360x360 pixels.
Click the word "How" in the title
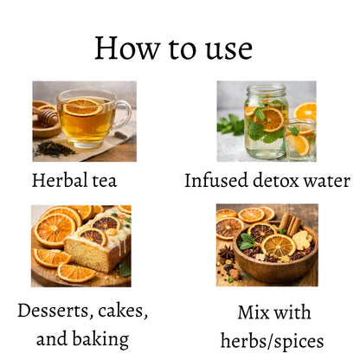click(x=127, y=48)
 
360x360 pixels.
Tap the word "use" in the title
click(x=228, y=50)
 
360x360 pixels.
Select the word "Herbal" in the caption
click(x=60, y=180)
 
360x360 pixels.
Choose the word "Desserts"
click(x=55, y=311)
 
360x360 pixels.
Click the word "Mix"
click(x=253, y=312)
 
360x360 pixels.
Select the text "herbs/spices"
click(x=272, y=342)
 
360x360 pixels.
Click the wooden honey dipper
click(x=46, y=116)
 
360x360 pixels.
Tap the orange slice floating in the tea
click(x=82, y=106)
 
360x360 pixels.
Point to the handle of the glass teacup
click(x=124, y=115)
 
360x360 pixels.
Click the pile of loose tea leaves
click(x=55, y=149)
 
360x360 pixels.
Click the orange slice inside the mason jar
click(x=269, y=119)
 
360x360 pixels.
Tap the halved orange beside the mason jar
click(x=305, y=111)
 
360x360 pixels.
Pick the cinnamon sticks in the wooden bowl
click(x=291, y=224)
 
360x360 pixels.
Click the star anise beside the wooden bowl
click(x=226, y=253)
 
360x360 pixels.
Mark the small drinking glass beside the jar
click(x=300, y=140)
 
